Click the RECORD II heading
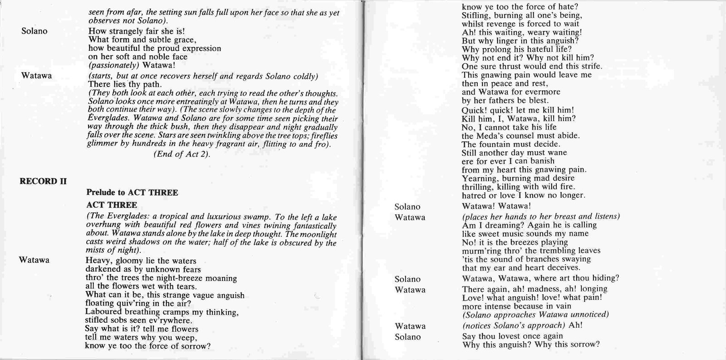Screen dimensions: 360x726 [x=43, y=182]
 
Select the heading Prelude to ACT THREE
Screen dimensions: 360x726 [x=132, y=192]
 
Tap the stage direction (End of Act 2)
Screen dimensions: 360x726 [x=181, y=154]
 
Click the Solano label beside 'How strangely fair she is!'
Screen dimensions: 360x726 [x=34, y=31]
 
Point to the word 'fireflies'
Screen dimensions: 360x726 [x=322, y=136]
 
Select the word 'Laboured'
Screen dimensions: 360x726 [x=103, y=312]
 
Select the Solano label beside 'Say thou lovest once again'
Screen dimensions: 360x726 [x=407, y=337]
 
